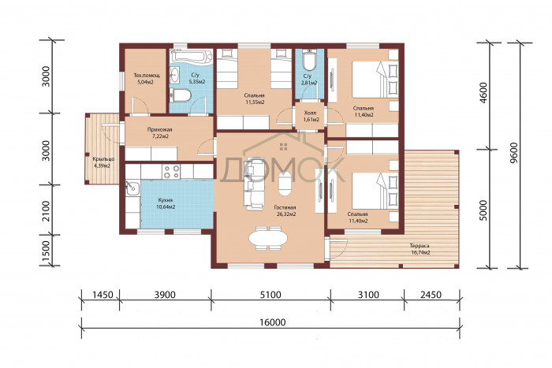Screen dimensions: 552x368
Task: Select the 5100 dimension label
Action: tap(270, 295)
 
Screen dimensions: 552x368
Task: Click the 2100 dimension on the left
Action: tap(46, 210)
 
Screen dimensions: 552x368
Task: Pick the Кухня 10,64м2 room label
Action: tap(166, 203)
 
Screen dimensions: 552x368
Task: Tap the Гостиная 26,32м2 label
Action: tap(285, 210)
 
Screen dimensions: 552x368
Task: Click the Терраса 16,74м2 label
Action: tap(420, 249)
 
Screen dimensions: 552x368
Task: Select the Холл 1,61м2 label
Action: tap(311, 116)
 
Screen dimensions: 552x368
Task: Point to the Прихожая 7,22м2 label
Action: tap(159, 132)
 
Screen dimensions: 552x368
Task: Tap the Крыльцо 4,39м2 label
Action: tap(102, 162)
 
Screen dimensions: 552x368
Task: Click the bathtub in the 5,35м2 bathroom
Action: tap(192, 56)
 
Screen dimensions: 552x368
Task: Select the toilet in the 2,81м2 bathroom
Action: tap(310, 61)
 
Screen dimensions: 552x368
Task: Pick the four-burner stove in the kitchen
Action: tap(171, 171)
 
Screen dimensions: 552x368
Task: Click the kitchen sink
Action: tap(132, 188)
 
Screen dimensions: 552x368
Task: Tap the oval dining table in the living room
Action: tap(268, 239)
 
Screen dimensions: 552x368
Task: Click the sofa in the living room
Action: tap(254, 184)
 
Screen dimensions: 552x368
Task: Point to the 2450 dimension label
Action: tap(431, 295)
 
